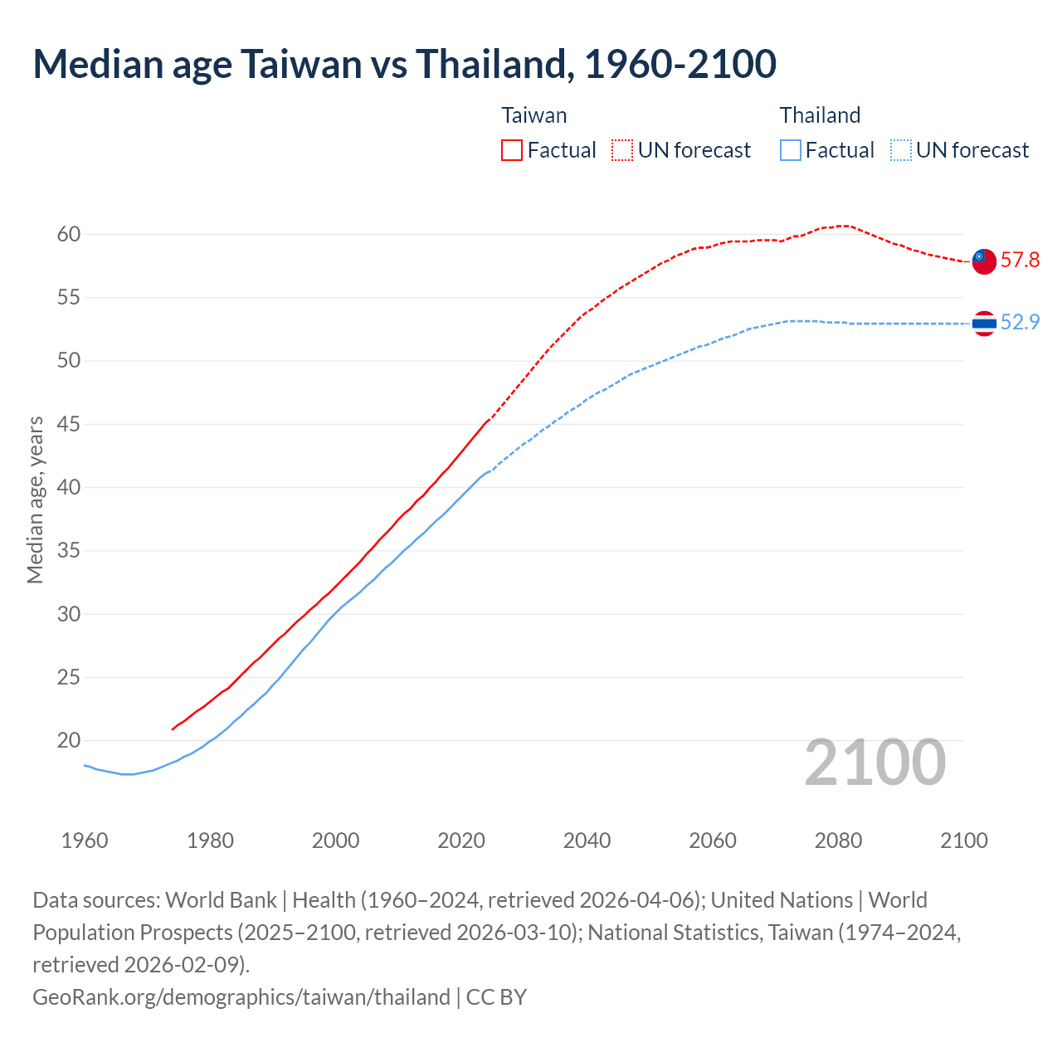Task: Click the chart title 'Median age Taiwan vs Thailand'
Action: [404, 64]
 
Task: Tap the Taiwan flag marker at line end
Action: [984, 261]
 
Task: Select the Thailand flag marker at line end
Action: [984, 323]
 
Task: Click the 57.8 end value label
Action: [1020, 261]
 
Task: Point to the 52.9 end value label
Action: [1020, 323]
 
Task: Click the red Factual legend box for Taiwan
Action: [512, 150]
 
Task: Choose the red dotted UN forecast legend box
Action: [622, 150]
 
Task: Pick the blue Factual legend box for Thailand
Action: [791, 150]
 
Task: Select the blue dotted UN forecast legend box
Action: [901, 150]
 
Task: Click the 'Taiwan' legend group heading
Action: [534, 115]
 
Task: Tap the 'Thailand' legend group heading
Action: [820, 115]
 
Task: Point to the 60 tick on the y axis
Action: [69, 235]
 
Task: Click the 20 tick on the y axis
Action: [69, 741]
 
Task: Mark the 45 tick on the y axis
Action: [69, 425]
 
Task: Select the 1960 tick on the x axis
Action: [85, 840]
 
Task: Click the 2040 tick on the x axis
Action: [587, 840]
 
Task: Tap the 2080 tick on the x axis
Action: [838, 840]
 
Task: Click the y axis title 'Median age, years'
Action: [35, 500]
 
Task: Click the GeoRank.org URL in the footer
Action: [241, 996]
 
